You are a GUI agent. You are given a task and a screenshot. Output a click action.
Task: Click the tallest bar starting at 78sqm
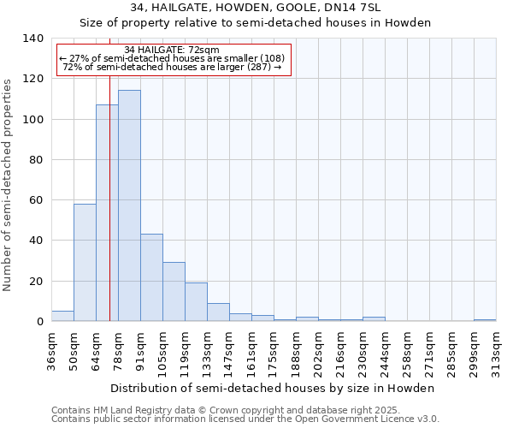(x=129, y=205)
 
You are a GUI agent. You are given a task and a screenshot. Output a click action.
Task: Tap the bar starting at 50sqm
(x=85, y=262)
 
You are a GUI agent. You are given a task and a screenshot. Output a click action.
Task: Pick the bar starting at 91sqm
(x=151, y=277)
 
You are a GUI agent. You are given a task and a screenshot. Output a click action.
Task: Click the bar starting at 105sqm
(x=174, y=292)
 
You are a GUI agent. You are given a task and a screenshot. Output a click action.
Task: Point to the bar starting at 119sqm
(x=196, y=301)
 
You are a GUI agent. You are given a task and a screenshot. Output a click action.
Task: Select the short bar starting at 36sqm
(x=62, y=316)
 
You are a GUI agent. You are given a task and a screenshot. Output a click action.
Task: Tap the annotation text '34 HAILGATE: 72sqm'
(x=172, y=50)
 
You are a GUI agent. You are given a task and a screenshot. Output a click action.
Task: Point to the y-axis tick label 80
(x=35, y=160)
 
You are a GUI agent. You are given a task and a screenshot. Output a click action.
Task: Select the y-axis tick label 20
(x=35, y=282)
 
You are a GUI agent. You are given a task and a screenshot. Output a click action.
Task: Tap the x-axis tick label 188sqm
(x=296, y=352)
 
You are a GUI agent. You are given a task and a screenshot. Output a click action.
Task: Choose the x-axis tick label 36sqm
(x=51, y=352)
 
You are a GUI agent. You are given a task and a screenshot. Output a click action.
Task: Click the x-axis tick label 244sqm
(x=385, y=352)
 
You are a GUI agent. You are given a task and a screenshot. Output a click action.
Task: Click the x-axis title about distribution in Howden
(x=273, y=389)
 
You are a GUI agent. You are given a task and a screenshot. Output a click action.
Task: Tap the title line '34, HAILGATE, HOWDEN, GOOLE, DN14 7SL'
(x=256, y=8)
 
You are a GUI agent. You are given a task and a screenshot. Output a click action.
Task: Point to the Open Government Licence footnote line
(x=245, y=419)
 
